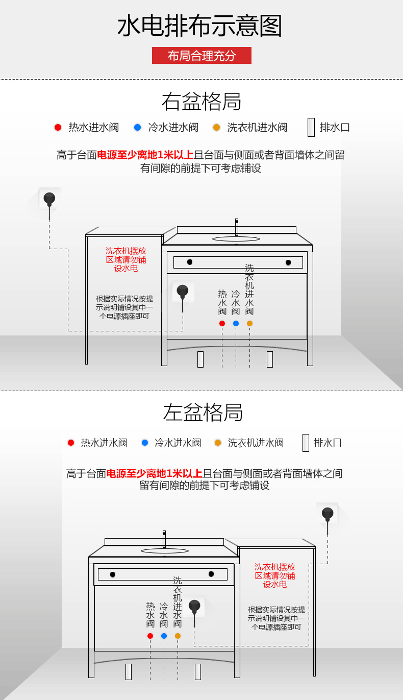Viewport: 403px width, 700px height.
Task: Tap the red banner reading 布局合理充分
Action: (x=202, y=56)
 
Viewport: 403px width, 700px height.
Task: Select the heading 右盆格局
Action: (x=201, y=102)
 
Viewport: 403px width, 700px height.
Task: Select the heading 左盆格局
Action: (x=203, y=412)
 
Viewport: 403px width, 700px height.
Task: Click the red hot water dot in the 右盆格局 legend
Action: (x=58, y=127)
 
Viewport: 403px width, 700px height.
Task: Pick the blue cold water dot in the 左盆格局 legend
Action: (x=145, y=443)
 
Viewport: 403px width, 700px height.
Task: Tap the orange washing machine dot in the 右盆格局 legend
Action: (x=216, y=127)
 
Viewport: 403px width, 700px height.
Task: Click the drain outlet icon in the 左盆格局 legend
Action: (x=306, y=443)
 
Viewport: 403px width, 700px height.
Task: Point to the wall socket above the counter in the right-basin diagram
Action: (x=49, y=199)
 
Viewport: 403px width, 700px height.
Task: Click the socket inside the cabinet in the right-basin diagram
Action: (x=183, y=293)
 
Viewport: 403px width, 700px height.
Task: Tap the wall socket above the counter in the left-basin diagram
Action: (x=327, y=513)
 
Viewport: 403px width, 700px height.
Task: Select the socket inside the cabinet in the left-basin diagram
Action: (x=194, y=607)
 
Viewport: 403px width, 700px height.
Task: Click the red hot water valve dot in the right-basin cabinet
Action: (x=222, y=323)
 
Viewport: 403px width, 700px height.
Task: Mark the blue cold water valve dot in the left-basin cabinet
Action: (x=164, y=636)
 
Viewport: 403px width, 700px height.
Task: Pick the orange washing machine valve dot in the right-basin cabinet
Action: (x=249, y=323)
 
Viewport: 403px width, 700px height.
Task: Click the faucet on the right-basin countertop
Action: (x=237, y=227)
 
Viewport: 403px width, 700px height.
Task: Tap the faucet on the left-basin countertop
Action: (x=164, y=539)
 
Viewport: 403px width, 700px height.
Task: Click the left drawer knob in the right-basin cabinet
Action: (x=190, y=262)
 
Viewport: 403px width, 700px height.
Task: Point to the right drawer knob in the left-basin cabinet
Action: (x=211, y=574)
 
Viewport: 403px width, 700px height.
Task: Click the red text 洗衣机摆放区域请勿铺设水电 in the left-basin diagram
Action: (x=275, y=575)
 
